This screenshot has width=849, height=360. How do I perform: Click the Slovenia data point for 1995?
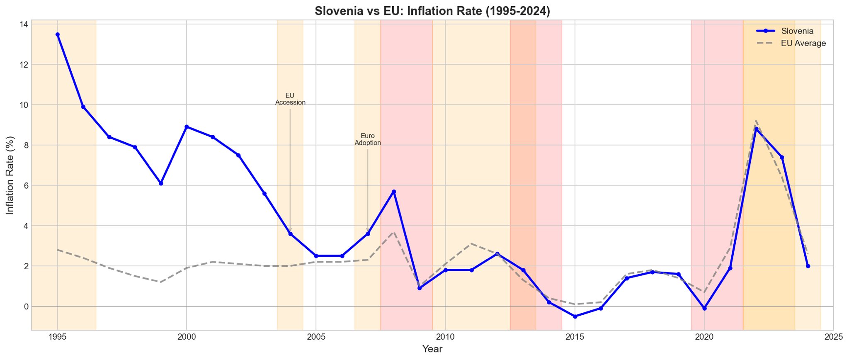pos(58,34)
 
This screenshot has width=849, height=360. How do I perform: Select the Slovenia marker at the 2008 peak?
pos(394,192)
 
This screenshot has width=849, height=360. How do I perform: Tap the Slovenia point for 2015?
pos(575,316)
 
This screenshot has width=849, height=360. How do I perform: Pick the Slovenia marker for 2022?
pos(756,129)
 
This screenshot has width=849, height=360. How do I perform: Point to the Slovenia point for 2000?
pos(187,127)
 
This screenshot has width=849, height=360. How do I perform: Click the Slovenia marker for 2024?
pos(808,266)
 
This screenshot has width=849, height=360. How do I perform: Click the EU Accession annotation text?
pos(290,99)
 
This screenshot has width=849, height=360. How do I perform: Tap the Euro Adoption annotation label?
pos(368,139)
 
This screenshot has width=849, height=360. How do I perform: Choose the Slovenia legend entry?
pos(797,31)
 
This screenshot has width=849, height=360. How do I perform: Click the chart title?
pos(432,11)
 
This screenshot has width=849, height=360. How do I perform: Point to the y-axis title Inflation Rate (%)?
pos(10,175)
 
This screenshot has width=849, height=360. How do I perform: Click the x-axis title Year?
pos(432,349)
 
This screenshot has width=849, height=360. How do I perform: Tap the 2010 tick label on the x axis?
pos(445,337)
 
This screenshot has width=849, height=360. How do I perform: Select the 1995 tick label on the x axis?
pos(57,337)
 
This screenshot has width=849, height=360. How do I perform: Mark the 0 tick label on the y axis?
pos(26,306)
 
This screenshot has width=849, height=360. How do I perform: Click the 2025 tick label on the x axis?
pos(834,337)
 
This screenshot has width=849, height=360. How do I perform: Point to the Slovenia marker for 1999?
pos(161,183)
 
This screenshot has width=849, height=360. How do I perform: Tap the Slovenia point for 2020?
pos(704,309)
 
